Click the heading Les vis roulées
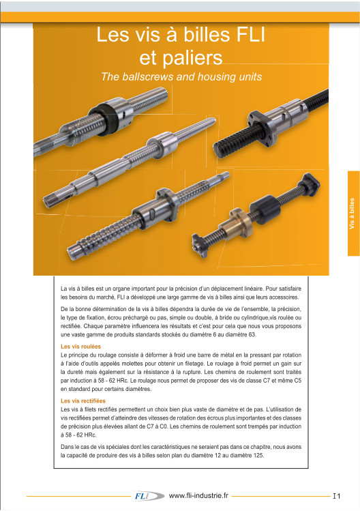(x=81, y=347)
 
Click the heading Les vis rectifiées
(x=83, y=401)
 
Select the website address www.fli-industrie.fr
(x=198, y=496)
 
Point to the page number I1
(x=337, y=497)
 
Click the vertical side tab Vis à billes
(x=352, y=214)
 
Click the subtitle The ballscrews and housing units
(x=181, y=76)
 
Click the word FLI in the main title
(x=250, y=35)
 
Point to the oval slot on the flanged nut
(x=153, y=215)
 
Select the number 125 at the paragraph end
(x=258, y=455)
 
